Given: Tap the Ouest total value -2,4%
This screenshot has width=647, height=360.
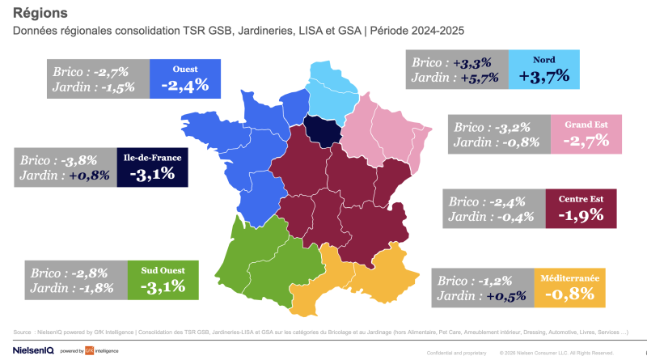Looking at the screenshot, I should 185,84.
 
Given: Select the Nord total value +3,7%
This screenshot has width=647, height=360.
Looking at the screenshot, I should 544,76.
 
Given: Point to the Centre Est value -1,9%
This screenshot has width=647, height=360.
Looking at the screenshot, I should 581,215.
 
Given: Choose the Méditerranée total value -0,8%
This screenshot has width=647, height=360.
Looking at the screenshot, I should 569,294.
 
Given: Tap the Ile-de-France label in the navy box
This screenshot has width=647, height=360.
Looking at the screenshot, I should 152,156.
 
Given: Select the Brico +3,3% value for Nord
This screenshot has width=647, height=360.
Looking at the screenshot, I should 478,61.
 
